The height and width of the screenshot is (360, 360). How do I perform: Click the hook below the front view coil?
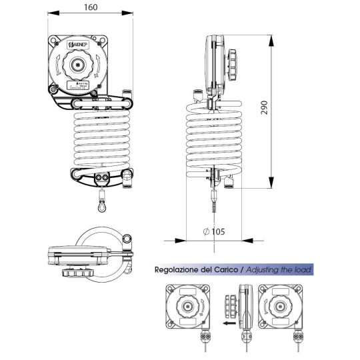coord(101,205)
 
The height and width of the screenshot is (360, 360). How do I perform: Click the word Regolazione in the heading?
coord(177,270)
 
